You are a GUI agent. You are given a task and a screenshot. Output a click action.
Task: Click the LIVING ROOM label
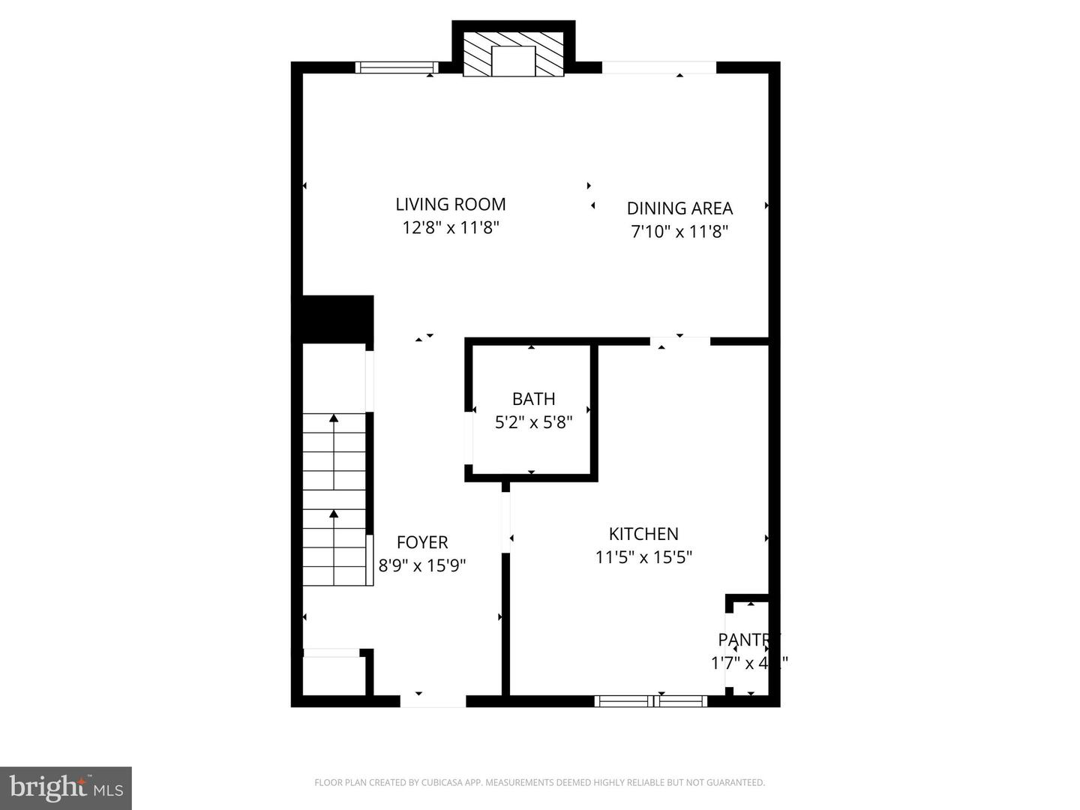(x=451, y=204)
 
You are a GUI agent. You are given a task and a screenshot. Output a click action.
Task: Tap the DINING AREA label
(x=679, y=208)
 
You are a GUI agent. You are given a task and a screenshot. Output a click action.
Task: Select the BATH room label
(x=533, y=399)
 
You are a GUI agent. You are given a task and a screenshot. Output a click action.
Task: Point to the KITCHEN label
(x=643, y=534)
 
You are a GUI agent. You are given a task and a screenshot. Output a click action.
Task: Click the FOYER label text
(x=422, y=542)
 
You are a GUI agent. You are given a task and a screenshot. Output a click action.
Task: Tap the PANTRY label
(x=748, y=640)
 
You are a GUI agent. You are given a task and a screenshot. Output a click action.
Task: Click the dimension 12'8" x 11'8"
(x=451, y=227)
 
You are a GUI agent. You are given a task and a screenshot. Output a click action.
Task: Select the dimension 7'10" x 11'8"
(x=679, y=231)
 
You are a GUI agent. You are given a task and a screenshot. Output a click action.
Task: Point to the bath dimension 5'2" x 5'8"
(x=533, y=422)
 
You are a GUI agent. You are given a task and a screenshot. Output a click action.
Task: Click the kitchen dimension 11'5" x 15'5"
(x=643, y=557)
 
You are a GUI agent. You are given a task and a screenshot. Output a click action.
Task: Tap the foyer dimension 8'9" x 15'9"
(x=422, y=565)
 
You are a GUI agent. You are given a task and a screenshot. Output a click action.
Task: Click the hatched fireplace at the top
(x=513, y=54)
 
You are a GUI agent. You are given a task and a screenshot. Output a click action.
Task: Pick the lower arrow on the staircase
(x=334, y=514)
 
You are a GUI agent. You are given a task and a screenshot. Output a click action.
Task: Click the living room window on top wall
(x=396, y=67)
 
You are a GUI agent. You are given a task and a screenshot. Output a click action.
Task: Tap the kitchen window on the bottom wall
(x=651, y=701)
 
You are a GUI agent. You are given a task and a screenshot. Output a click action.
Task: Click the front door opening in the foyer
(x=433, y=701)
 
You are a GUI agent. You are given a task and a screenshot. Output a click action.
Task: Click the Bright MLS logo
(x=66, y=788)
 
